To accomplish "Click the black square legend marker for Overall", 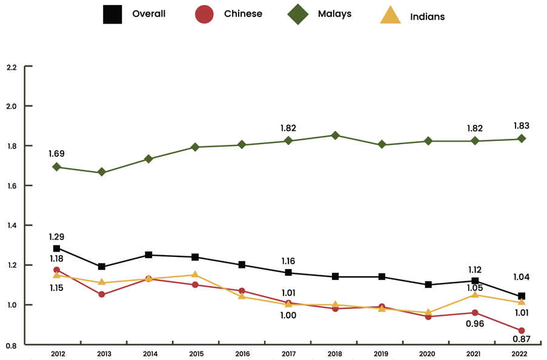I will [113, 14].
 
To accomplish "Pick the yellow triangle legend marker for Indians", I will [390, 15].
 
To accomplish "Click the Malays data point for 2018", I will [335, 135].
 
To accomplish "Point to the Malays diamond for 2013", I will [102, 172].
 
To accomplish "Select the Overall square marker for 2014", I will [148, 255].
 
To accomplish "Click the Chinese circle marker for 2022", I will [522, 330].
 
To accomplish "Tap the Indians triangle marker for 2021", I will [475, 295].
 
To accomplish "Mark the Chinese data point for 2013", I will [102, 295].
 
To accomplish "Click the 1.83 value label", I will [521, 125].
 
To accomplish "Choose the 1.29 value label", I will [57, 237].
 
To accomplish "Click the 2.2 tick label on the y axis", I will [11, 66].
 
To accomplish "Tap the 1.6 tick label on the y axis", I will [11, 185].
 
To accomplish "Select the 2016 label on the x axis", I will [242, 354].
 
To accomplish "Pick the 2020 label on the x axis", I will [428, 354].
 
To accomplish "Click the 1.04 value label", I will [522, 277].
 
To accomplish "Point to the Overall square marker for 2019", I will [382, 277].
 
